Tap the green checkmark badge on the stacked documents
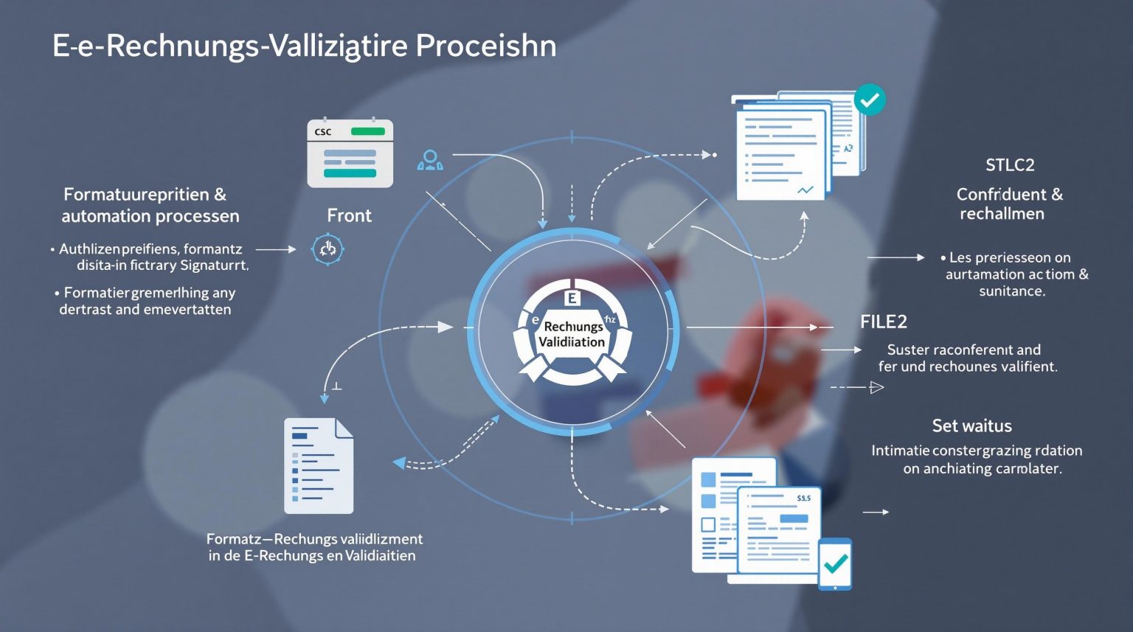870,100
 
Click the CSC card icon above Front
350,153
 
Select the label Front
349,215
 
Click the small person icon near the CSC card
430,160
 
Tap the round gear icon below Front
328,249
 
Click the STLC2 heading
1010,164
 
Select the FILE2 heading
883,322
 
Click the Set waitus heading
971,426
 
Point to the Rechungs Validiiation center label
572,334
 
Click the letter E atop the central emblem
572,298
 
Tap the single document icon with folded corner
319,465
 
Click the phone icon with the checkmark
835,564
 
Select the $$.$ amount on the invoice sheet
803,499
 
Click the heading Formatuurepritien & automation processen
150,205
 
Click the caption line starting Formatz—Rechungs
314,539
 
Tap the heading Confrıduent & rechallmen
1009,204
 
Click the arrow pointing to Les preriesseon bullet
895,257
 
